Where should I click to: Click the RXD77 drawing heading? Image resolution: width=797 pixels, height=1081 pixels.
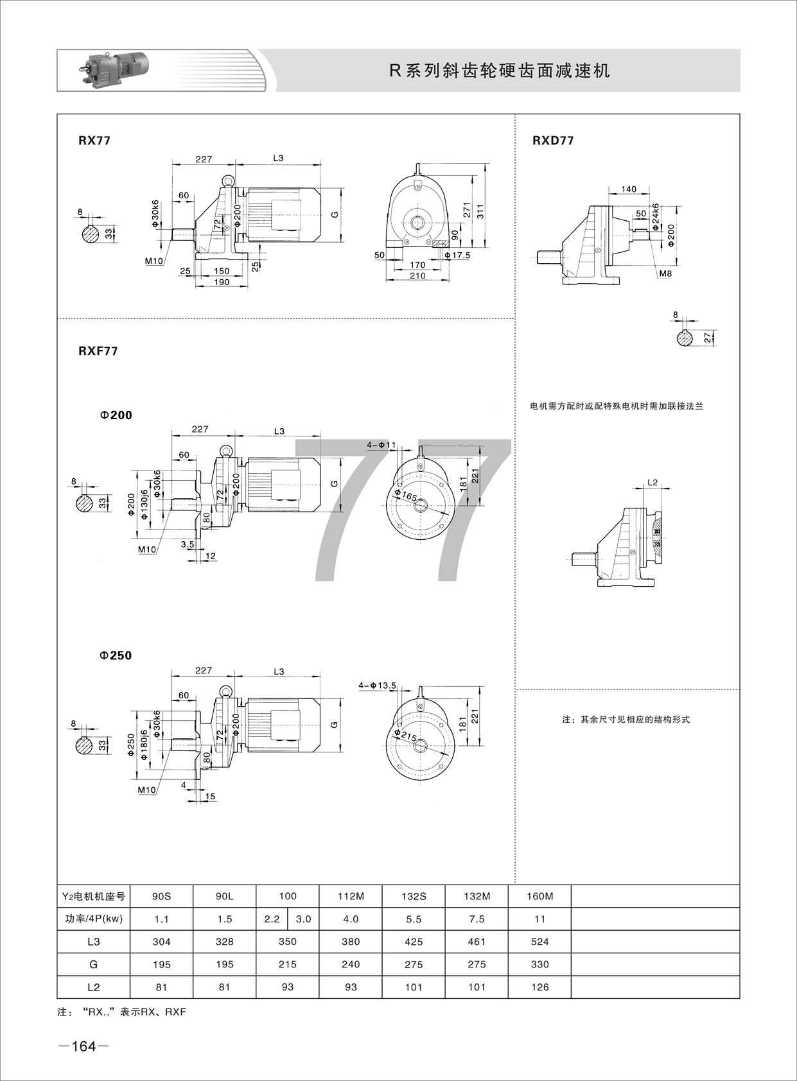tap(553, 141)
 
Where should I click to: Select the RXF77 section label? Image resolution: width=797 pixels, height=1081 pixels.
tap(98, 351)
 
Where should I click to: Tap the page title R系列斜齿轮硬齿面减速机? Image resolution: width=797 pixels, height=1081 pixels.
tap(500, 71)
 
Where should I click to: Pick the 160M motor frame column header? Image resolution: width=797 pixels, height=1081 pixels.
tap(539, 896)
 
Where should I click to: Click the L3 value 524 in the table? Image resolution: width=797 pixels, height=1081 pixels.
tap(539, 942)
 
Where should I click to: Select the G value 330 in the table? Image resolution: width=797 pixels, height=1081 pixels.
tap(539, 964)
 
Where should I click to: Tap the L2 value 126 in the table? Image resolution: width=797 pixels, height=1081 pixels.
tap(539, 987)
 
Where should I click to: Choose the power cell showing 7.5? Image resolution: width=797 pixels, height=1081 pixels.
tap(477, 919)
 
